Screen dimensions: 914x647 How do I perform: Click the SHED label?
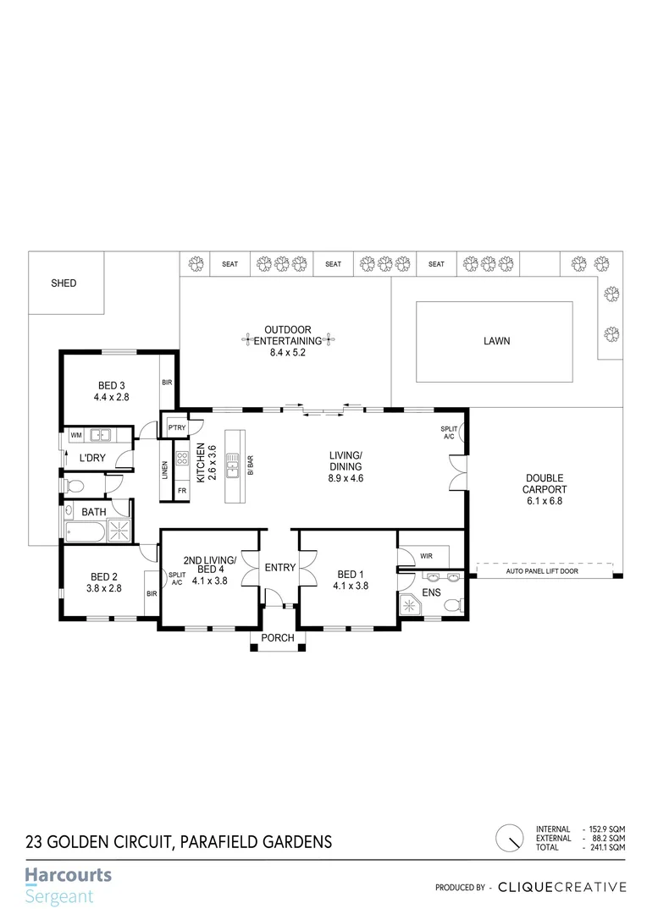pyautogui.click(x=64, y=284)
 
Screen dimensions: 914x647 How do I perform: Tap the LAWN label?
pyautogui.click(x=496, y=341)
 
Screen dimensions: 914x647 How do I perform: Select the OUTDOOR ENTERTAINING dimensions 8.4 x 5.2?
pyautogui.click(x=287, y=352)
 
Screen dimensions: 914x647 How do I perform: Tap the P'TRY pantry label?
pyautogui.click(x=176, y=428)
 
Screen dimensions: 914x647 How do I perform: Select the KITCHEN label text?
pyautogui.click(x=201, y=463)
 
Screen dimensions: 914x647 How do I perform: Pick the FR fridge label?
pyautogui.click(x=181, y=491)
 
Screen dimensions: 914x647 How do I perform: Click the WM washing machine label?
pyautogui.click(x=76, y=435)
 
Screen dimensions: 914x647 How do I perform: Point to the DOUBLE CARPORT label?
pyautogui.click(x=543, y=483)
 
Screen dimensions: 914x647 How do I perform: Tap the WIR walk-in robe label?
pyautogui.click(x=426, y=556)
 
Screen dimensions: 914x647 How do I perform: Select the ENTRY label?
pyautogui.click(x=278, y=568)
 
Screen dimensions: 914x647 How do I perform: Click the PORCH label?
pyautogui.click(x=278, y=639)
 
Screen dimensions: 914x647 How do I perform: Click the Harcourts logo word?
pyautogui.click(x=68, y=875)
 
